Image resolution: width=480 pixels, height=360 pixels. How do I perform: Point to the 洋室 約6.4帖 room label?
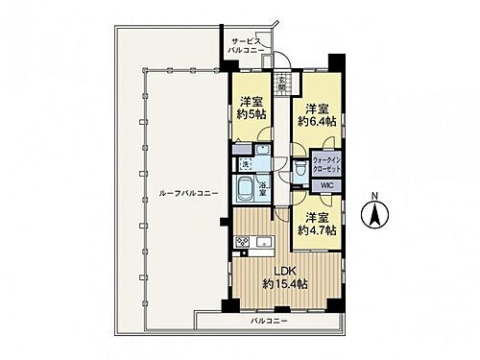(x=316, y=115)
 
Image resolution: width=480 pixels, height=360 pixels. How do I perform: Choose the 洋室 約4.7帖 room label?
(x=316, y=224)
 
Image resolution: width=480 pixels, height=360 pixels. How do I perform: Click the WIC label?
(x=325, y=185)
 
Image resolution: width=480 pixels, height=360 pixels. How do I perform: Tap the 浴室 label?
(x=260, y=187)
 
